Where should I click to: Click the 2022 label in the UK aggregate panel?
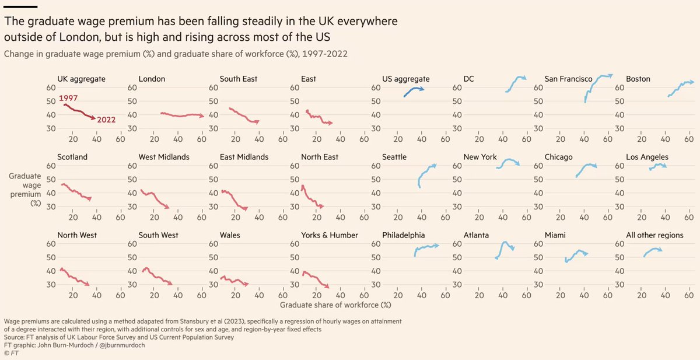(x=107, y=120)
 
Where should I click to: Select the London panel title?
(x=152, y=79)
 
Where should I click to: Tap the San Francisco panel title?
(x=568, y=79)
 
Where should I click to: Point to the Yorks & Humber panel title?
(x=330, y=235)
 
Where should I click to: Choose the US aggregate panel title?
(x=406, y=79)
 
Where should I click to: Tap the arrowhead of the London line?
(x=202, y=116)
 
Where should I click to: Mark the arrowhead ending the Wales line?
(x=247, y=284)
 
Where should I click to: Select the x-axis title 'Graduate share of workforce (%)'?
(x=335, y=305)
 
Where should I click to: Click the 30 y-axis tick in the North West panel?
(x=51, y=284)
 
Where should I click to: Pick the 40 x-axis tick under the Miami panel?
(x=583, y=296)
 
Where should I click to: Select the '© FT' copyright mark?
(x=11, y=353)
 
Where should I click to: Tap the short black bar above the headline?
(x=21, y=6)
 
